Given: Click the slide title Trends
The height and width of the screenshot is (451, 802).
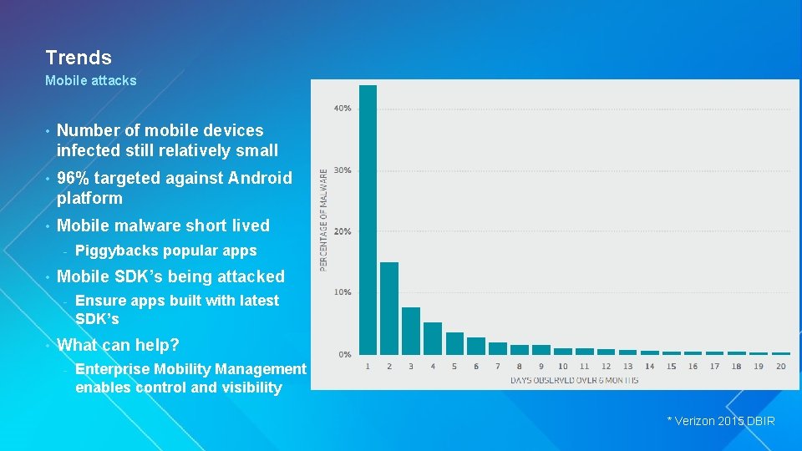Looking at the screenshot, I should (x=79, y=58).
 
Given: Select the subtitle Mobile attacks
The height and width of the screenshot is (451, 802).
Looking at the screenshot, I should (x=90, y=81).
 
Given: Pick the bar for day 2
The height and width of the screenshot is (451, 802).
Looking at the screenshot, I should (x=389, y=307).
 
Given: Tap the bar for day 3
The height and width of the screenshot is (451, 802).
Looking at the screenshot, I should (x=411, y=331).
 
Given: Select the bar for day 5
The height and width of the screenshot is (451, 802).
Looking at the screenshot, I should (x=454, y=343).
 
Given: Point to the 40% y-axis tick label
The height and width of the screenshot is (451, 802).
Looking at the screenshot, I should (x=343, y=109).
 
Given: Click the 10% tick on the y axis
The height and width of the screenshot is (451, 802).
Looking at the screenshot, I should (x=343, y=292).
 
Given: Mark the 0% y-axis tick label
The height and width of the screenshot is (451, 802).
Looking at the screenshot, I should (x=344, y=354).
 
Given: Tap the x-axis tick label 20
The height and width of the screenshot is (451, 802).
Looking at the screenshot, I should (x=780, y=367).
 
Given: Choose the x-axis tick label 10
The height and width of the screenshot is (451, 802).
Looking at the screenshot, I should (x=563, y=367).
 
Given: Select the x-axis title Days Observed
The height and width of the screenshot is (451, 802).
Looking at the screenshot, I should (x=574, y=381).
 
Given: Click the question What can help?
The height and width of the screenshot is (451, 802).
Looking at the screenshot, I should (x=118, y=345).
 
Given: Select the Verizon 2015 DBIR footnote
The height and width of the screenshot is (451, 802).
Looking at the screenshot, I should (x=720, y=421).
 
